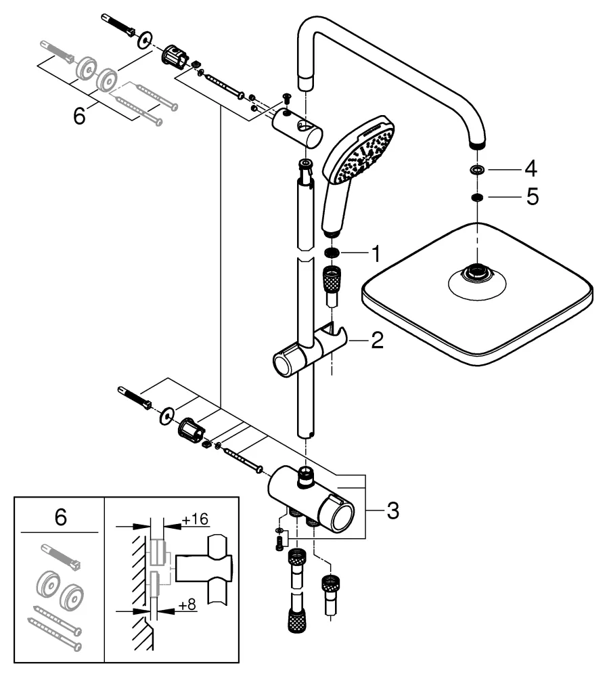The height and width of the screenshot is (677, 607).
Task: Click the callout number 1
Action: [x=374, y=255]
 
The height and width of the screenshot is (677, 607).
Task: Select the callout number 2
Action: [x=377, y=340]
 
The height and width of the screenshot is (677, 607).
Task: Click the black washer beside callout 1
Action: [x=332, y=254]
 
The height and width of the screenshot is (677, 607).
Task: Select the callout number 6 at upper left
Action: [x=80, y=116]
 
